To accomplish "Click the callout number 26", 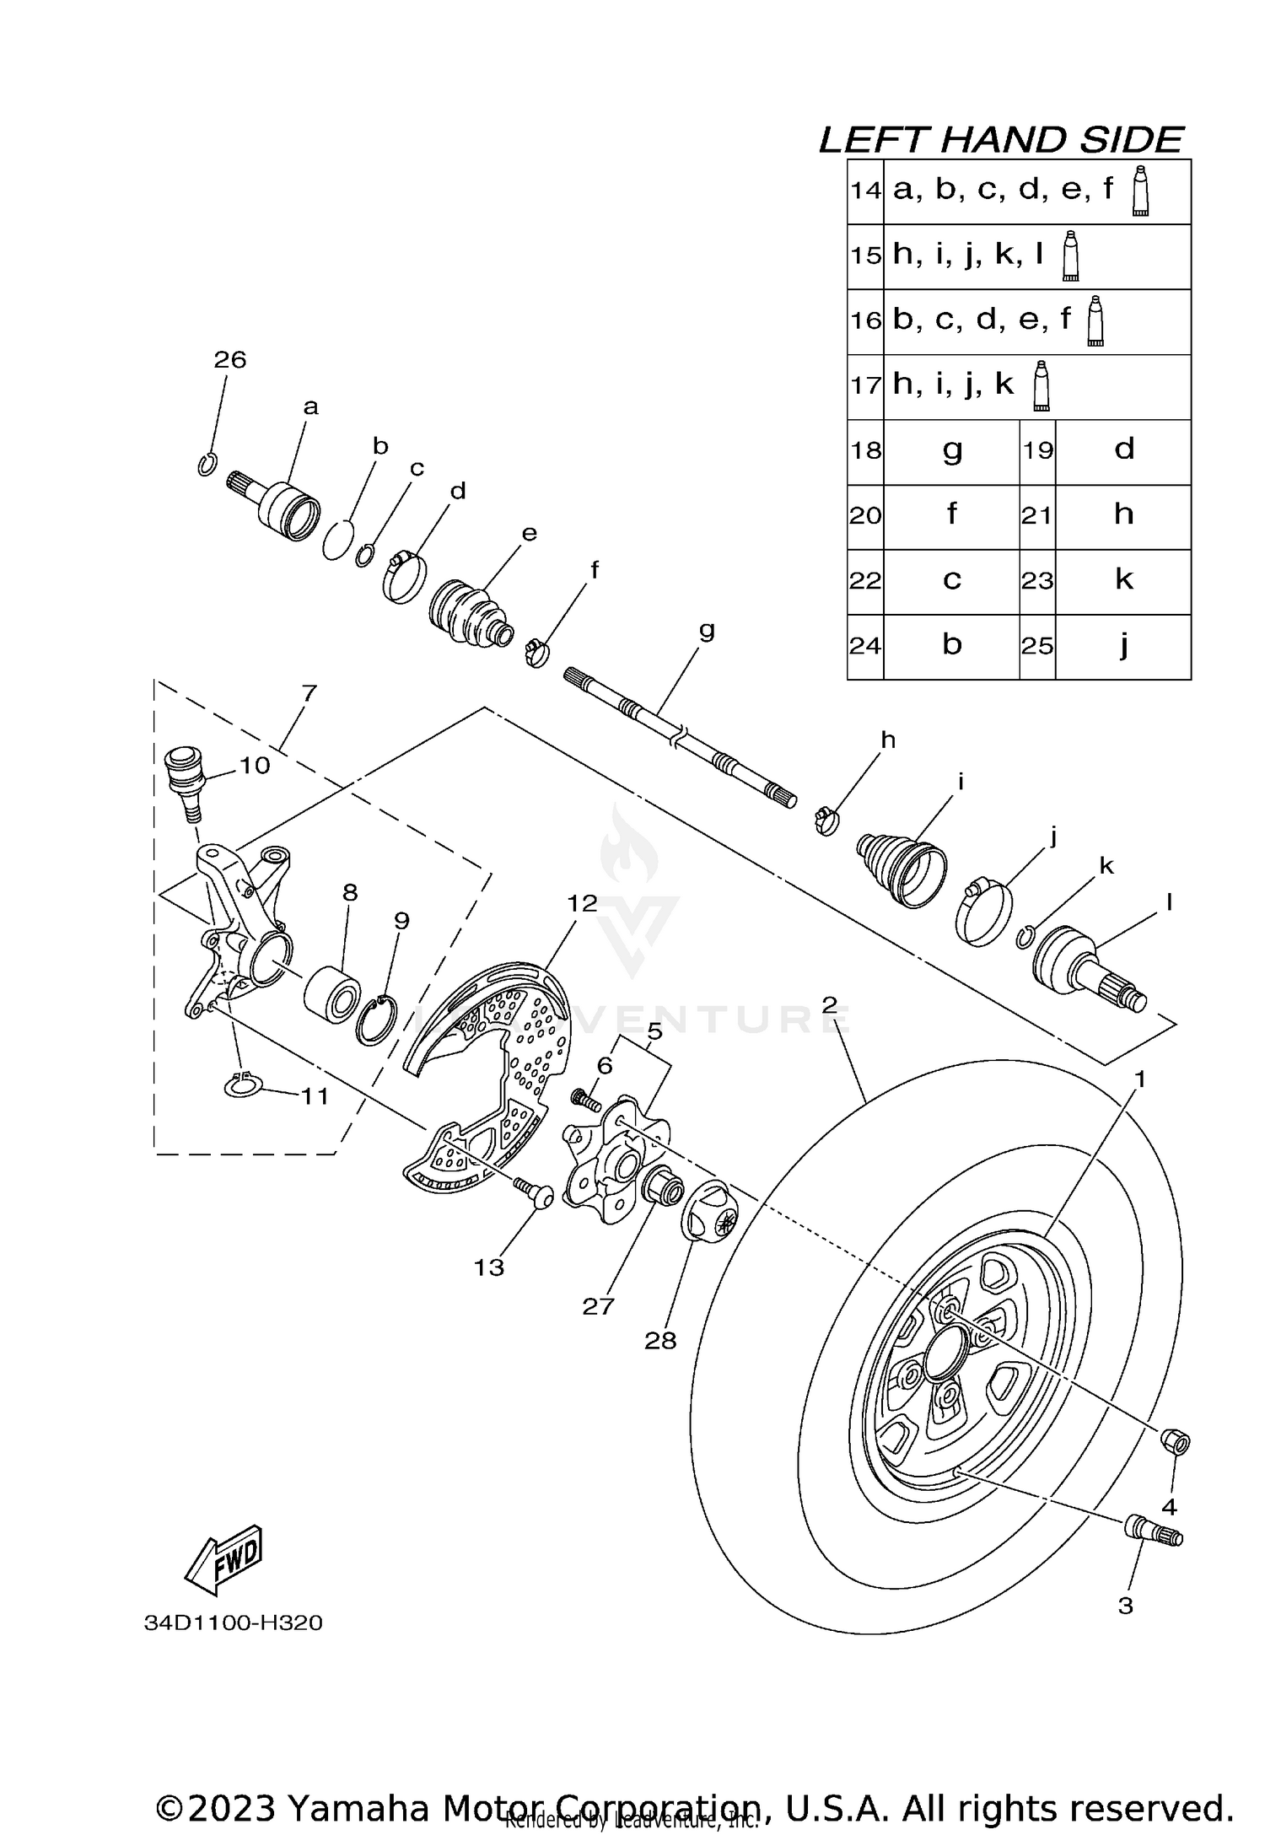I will [x=229, y=360].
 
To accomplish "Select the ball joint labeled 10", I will [x=182, y=775].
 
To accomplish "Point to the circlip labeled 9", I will [x=377, y=1020].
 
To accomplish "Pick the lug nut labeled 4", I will [x=1176, y=1441].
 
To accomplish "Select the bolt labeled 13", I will [x=533, y=1192].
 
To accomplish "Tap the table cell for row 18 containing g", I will [x=951, y=451].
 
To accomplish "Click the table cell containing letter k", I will [x=1123, y=581].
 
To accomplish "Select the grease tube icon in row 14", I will [x=1140, y=191].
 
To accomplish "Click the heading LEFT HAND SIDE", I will [x=1001, y=140].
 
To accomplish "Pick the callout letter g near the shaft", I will [x=707, y=630].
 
